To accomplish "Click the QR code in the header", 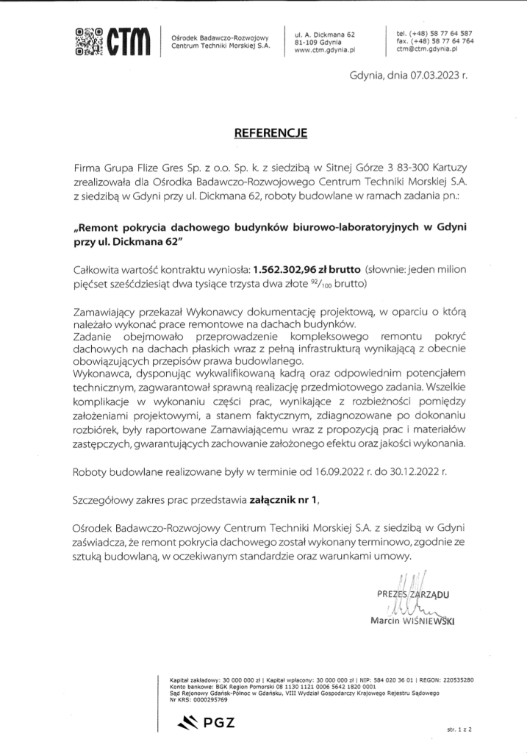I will tap(89, 41).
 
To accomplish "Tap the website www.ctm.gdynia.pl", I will tap(325, 51).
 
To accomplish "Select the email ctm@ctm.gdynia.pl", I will tap(427, 51).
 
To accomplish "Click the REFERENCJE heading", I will tap(263, 135).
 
